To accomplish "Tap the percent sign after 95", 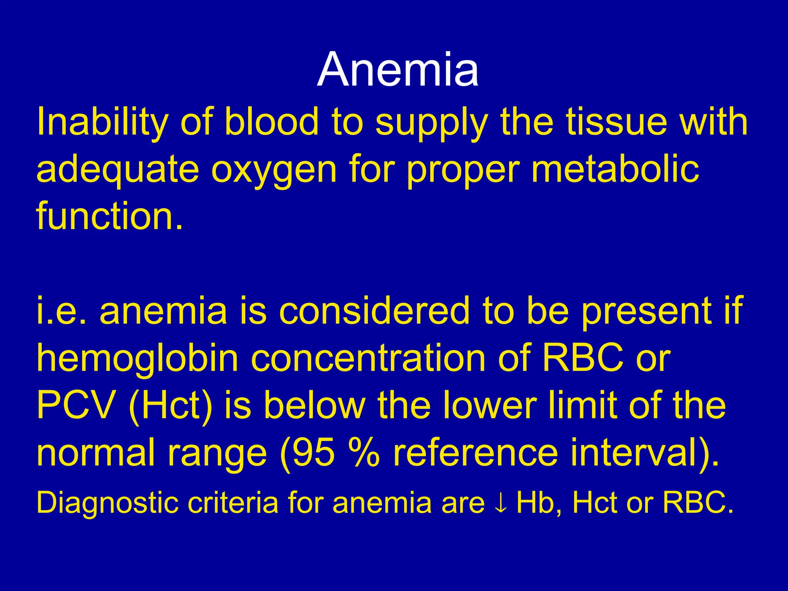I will tap(363, 452).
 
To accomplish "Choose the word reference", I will tap(475, 452).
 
